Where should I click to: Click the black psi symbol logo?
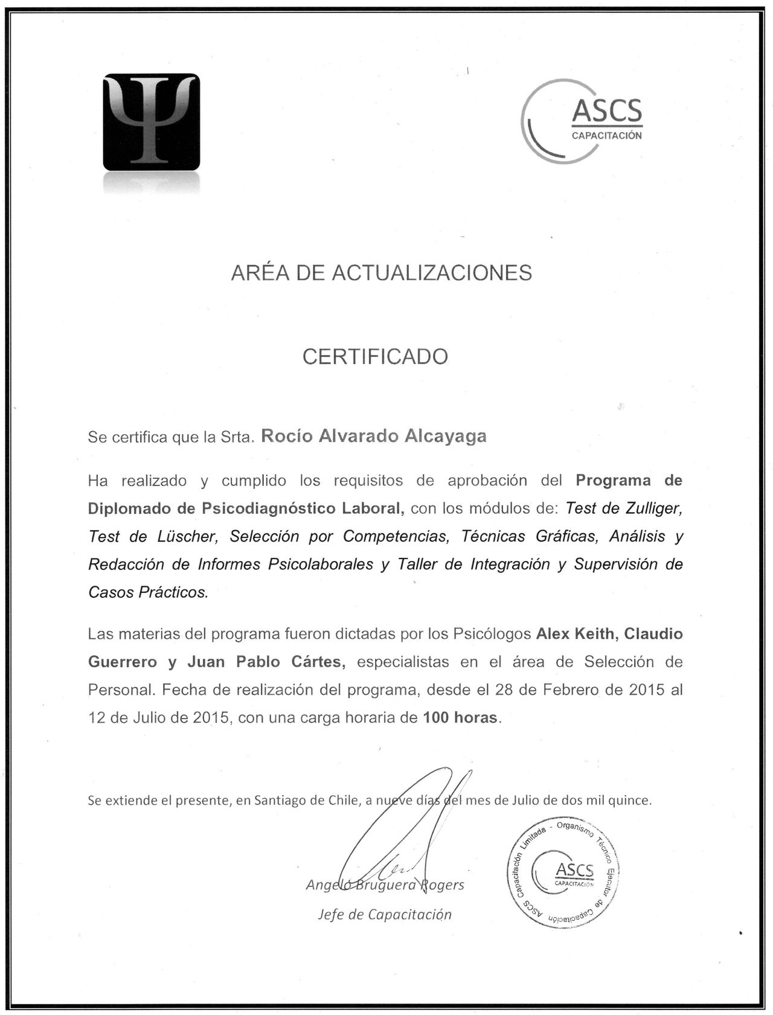[x=151, y=122]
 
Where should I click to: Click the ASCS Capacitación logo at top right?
[x=583, y=121]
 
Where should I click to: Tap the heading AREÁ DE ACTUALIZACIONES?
[x=381, y=273]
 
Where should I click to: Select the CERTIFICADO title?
[x=375, y=356]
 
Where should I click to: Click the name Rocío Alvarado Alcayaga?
[x=373, y=436]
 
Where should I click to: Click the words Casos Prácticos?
[x=148, y=592]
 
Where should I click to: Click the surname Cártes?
[x=318, y=662]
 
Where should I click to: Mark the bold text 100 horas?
[x=460, y=718]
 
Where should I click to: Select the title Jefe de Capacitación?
[x=385, y=914]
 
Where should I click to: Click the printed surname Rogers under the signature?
[x=442, y=885]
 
